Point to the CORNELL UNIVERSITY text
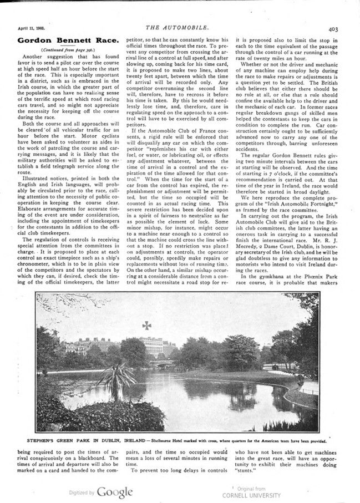(246, 494)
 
